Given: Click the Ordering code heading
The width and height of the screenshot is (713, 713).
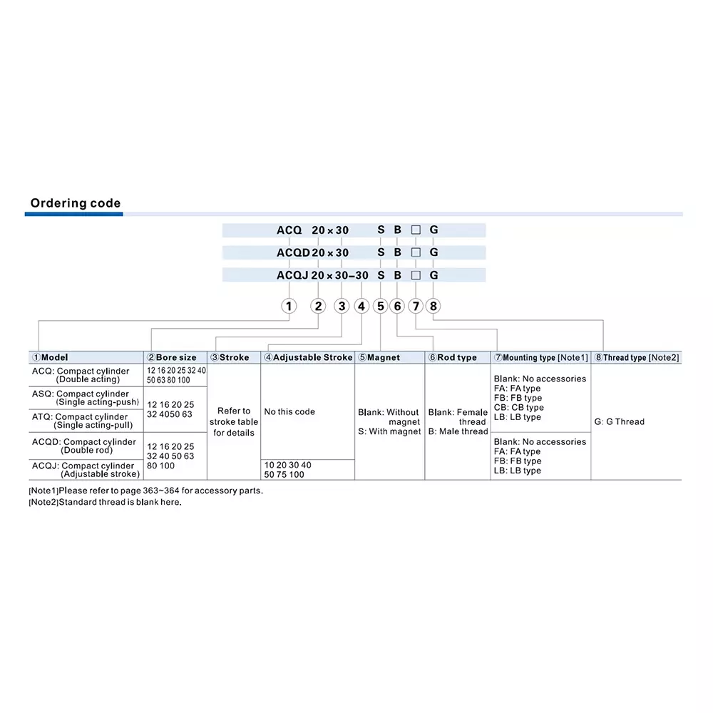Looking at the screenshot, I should [76, 204].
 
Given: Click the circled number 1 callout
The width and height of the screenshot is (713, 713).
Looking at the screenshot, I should [288, 307].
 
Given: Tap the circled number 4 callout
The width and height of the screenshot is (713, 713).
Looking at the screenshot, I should [361, 307].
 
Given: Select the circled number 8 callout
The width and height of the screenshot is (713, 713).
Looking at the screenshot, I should [434, 307].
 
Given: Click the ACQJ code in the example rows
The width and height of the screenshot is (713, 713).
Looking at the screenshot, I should [293, 275].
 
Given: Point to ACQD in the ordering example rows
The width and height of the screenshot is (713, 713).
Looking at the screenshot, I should [293, 252].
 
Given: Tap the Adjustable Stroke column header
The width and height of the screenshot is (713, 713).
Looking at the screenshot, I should [308, 357].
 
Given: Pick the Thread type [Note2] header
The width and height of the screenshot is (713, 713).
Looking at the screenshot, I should [637, 357].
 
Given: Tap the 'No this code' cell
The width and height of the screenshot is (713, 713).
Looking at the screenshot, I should [289, 412].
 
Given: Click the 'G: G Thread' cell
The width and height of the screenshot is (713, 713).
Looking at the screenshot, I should [619, 421].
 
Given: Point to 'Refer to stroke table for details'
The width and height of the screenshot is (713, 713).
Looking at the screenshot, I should [234, 422].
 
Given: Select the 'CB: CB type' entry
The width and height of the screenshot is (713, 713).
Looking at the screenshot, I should [518, 408].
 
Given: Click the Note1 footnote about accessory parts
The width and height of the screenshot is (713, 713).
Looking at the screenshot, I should [145, 491].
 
